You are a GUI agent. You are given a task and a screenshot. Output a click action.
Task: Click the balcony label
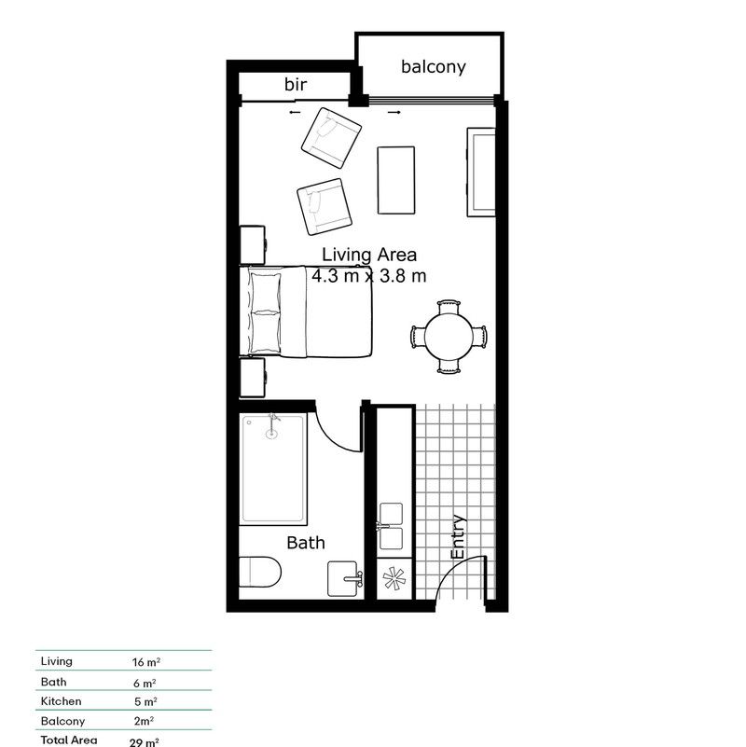pyautogui.click(x=433, y=66)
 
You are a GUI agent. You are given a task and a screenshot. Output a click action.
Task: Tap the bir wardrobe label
pyautogui.click(x=297, y=85)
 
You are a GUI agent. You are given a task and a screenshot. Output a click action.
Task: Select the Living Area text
pyautogui.click(x=369, y=254)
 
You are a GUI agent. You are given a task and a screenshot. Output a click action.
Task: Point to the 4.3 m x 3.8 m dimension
pyautogui.click(x=369, y=275)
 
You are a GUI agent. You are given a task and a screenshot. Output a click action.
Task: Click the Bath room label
pyautogui.click(x=306, y=542)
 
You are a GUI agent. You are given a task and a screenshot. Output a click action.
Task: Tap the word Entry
pyautogui.click(x=458, y=538)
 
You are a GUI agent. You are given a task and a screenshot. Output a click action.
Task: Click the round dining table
pyautogui.click(x=449, y=336)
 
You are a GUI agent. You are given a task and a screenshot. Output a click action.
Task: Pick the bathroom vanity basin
pyautogui.click(x=346, y=580)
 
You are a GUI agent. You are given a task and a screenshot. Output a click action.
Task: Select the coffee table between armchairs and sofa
pyautogui.click(x=395, y=179)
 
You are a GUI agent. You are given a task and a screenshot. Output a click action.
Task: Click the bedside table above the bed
pyautogui.click(x=254, y=244)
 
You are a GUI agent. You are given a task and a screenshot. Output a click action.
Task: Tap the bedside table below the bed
pyautogui.click(x=254, y=380)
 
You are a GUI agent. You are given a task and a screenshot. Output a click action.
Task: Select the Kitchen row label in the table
pyautogui.click(x=61, y=701)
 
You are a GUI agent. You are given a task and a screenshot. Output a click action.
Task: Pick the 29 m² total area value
pyautogui.click(x=145, y=741)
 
